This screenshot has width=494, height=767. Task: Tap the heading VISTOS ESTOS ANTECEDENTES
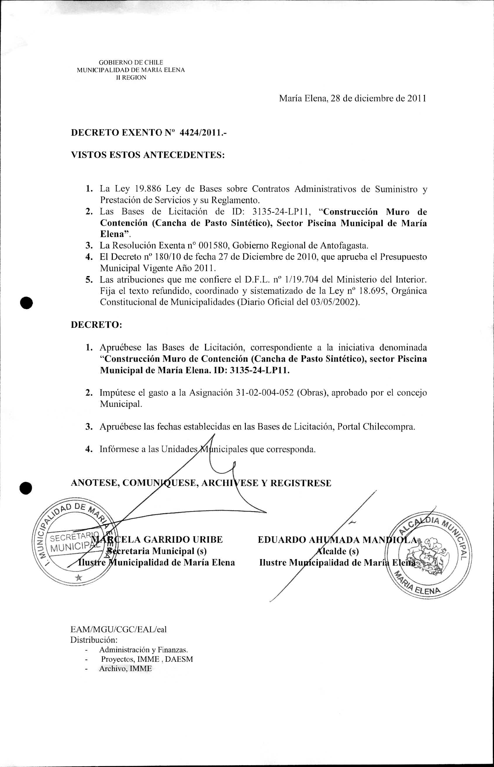(147, 155)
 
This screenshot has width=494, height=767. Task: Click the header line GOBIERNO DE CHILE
(131, 62)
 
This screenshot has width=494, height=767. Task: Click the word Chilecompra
(389, 427)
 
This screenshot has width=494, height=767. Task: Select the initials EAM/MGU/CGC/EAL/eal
(118, 629)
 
